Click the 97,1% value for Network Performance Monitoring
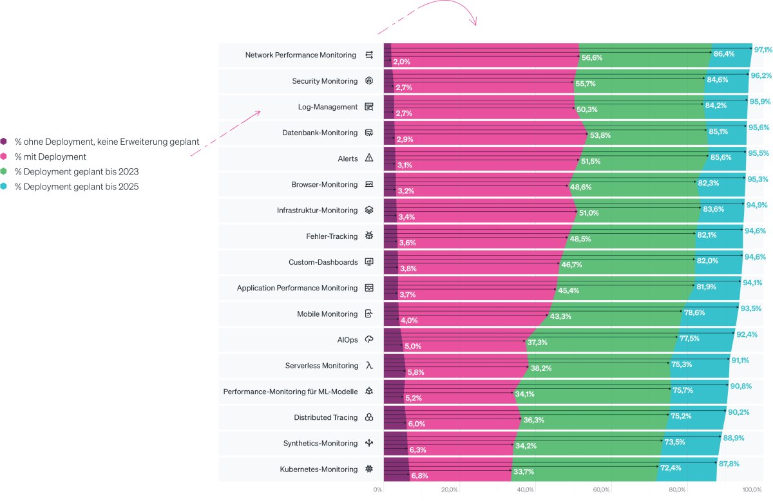click(x=763, y=50)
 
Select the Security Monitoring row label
click(x=325, y=81)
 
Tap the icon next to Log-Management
click(x=369, y=107)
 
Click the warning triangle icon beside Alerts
click(x=369, y=158)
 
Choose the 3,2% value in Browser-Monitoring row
click(x=406, y=191)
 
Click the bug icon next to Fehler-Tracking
click(x=369, y=236)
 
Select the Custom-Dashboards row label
click(x=323, y=262)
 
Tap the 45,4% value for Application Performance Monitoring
click(x=569, y=290)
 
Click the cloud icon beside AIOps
click(x=369, y=339)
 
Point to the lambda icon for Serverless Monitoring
click(x=369, y=366)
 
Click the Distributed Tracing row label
click(x=325, y=417)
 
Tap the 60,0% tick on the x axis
click(x=601, y=490)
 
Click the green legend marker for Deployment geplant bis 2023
click(x=4, y=172)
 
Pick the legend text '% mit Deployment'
click(x=51, y=156)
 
